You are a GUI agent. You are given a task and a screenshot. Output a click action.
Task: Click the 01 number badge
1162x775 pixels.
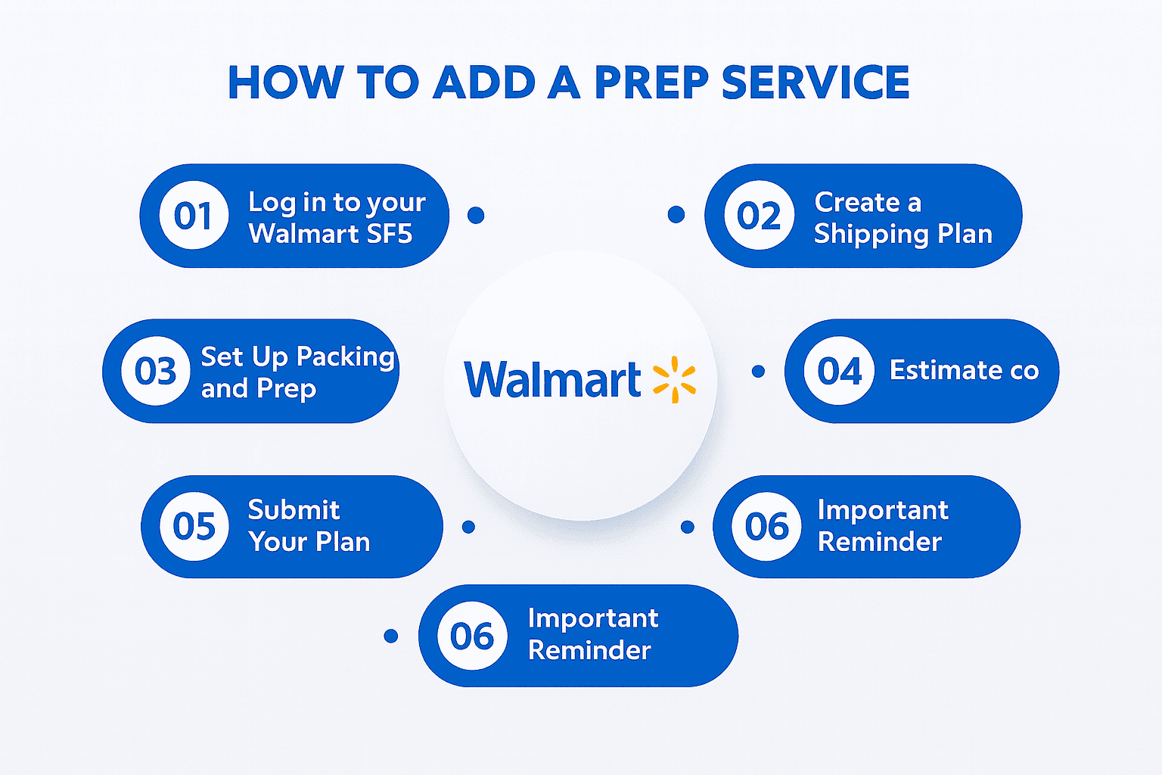(x=194, y=216)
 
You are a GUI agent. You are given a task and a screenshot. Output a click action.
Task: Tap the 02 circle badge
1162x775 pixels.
(x=759, y=216)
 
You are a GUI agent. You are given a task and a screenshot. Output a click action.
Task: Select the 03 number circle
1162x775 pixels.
(x=156, y=371)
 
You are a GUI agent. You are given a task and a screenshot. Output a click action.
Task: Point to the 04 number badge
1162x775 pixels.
(x=839, y=371)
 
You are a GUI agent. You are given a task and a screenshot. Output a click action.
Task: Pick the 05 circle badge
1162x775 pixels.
(x=194, y=526)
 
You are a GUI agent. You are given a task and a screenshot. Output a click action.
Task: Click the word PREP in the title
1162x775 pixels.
(x=651, y=82)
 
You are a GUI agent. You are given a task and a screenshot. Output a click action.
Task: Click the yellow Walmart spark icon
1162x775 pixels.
(x=674, y=379)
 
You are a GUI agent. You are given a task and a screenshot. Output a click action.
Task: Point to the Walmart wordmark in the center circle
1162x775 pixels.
(x=552, y=379)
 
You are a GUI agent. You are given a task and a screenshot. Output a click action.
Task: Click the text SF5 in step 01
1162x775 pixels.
(x=389, y=234)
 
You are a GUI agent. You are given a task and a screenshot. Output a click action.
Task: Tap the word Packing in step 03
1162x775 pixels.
(x=346, y=356)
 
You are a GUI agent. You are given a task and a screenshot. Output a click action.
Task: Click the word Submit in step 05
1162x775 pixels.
(x=294, y=510)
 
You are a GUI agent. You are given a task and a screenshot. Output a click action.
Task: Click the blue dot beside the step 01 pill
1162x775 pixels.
(x=476, y=216)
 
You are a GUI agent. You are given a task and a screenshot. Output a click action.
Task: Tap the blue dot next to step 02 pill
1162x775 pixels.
(x=676, y=215)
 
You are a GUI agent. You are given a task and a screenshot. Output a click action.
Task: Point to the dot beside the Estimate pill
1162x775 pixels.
(x=758, y=372)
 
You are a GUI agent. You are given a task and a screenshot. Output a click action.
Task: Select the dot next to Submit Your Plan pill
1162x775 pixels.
(x=468, y=527)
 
